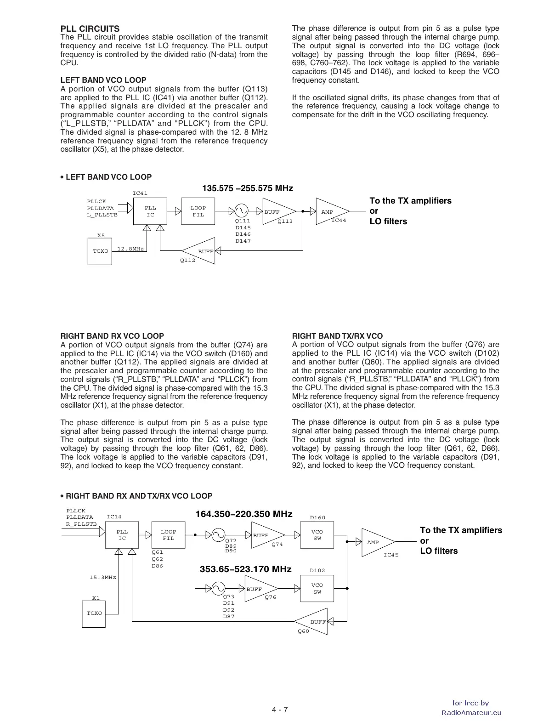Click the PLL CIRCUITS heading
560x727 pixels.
(90, 28)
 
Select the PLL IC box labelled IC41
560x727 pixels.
(150, 211)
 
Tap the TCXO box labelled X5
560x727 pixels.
(100, 251)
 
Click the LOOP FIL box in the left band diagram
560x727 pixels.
(198, 211)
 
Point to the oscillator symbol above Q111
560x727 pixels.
(241, 211)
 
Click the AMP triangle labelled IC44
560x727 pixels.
(330, 211)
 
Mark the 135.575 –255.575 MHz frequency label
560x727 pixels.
(248, 188)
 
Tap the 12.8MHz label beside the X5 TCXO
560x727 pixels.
(130, 249)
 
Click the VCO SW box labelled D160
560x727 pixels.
(317, 535)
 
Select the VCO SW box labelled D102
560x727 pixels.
(317, 588)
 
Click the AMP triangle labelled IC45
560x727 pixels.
(376, 542)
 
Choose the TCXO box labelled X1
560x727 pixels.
(94, 613)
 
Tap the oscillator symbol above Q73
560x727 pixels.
(218, 588)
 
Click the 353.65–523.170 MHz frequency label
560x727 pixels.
(246, 569)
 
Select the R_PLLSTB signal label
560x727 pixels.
(81, 524)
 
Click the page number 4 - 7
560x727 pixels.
(279, 710)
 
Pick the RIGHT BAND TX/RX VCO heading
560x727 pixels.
(337, 336)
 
